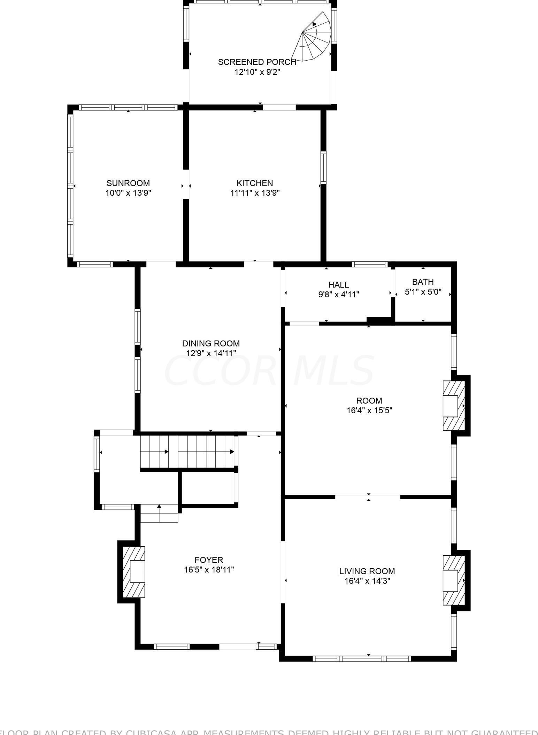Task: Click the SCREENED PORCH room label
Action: (257, 62)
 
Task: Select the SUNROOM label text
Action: (128, 183)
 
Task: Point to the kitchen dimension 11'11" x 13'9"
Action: (255, 193)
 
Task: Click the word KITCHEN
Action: (255, 183)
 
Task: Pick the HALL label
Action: (338, 285)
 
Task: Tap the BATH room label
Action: (423, 282)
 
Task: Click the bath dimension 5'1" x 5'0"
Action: (423, 292)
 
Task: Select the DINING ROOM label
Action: (211, 343)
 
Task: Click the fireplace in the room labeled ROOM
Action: (453, 406)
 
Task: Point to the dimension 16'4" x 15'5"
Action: (369, 410)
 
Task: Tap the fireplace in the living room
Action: (453, 580)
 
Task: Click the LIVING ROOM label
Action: (367, 571)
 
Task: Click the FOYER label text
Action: (208, 560)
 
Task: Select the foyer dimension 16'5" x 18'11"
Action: (208, 570)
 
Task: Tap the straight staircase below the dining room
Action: (187, 452)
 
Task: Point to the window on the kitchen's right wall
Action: (323, 168)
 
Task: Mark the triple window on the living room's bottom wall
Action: (362, 659)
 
